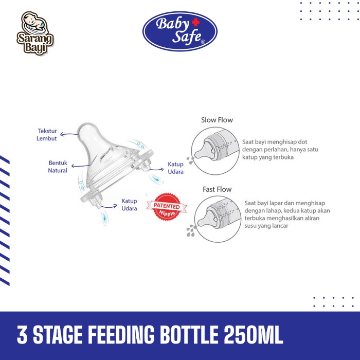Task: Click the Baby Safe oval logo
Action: click(x=180, y=31)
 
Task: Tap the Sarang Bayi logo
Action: click(x=35, y=33)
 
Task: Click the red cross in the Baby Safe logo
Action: click(x=195, y=22)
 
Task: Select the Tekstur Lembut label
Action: click(x=47, y=135)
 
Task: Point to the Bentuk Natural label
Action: click(x=58, y=167)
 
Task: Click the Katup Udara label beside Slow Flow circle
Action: click(x=176, y=168)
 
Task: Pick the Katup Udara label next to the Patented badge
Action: click(x=129, y=205)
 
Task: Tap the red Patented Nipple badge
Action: click(x=167, y=207)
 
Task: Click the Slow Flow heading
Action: click(x=217, y=120)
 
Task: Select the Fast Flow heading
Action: click(x=217, y=189)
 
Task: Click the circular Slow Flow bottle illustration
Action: click(x=215, y=151)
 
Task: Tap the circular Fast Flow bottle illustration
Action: click(x=218, y=219)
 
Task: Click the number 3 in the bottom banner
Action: click(x=22, y=335)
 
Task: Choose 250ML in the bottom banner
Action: click(x=253, y=335)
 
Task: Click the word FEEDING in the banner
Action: click(x=121, y=335)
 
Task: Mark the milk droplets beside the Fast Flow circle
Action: click(x=191, y=230)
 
